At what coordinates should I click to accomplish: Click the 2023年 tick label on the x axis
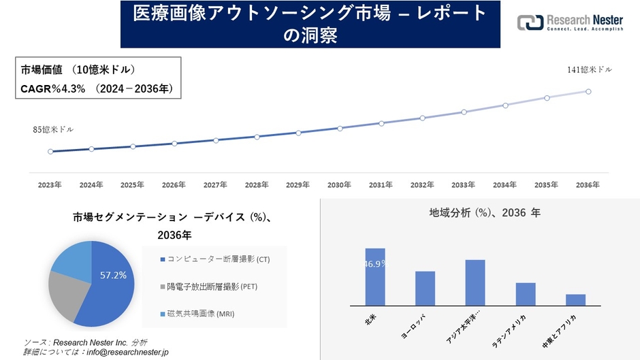pyautogui.click(x=50, y=184)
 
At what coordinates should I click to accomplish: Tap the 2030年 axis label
pyautogui.click(x=339, y=184)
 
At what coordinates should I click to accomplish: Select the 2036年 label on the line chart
pyautogui.click(x=588, y=184)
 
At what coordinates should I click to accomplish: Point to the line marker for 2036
pyautogui.click(x=588, y=91)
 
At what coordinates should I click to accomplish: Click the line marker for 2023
pyautogui.click(x=50, y=152)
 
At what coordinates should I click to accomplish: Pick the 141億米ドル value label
pyautogui.click(x=590, y=70)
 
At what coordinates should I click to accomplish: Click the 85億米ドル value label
pyautogui.click(x=53, y=129)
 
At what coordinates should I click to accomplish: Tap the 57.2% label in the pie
pyautogui.click(x=113, y=276)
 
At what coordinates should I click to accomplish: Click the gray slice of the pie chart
pyautogui.click(x=66, y=298)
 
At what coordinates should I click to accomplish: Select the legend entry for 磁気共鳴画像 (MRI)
pyautogui.click(x=204, y=314)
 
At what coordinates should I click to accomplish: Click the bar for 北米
pyautogui.click(x=375, y=277)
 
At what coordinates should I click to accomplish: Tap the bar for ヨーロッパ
pyautogui.click(x=425, y=289)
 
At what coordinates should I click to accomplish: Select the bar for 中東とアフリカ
pyautogui.click(x=575, y=300)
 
